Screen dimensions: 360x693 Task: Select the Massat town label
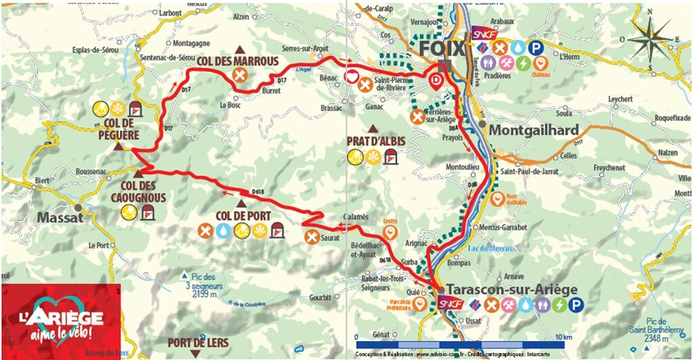coord(60,218)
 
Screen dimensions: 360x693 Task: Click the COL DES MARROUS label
coord(238,62)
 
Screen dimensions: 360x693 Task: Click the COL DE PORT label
coord(243,217)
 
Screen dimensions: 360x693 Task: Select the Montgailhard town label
coord(534,130)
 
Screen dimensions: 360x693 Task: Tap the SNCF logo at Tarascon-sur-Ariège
coord(451,304)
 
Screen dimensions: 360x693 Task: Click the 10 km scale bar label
coord(562,336)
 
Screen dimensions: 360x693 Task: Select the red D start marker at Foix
coord(437,82)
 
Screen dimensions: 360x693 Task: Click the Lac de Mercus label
coord(487,248)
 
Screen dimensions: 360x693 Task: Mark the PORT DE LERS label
coord(198,342)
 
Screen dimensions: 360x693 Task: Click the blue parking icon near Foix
coord(535,47)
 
